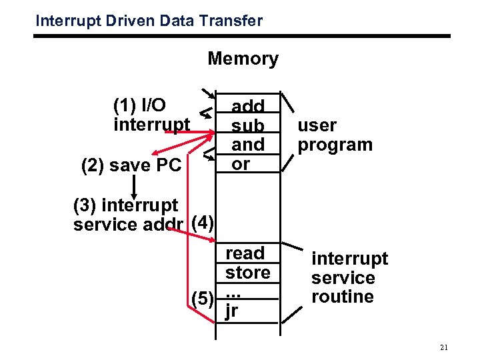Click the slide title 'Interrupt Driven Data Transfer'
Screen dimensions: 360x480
coord(149,21)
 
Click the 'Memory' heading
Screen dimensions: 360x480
coord(243,59)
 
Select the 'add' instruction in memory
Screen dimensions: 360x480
coord(247,107)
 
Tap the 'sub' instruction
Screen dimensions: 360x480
coord(247,125)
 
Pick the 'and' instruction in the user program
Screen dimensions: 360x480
coord(247,144)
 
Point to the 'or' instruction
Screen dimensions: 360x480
coord(241,163)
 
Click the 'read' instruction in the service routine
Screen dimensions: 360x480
coord(245,253)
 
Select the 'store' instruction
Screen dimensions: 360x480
coord(247,273)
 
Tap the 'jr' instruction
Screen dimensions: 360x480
coord(232,311)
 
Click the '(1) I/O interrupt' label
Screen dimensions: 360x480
coord(151,115)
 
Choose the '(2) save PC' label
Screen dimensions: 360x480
coord(131,165)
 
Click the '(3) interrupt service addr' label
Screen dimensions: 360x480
coord(130,215)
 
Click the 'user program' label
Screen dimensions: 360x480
coord(335,135)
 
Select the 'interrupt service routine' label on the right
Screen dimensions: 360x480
coord(349,277)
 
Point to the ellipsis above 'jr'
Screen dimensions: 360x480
coord(233,293)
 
